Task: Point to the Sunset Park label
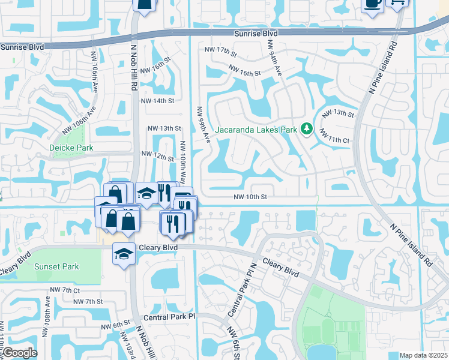click(x=56, y=266)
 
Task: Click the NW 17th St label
click(x=220, y=50)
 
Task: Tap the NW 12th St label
click(x=157, y=155)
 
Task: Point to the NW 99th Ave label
click(x=201, y=125)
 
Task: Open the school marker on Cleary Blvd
click(x=124, y=254)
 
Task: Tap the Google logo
click(x=20, y=353)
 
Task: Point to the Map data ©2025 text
click(x=424, y=355)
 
